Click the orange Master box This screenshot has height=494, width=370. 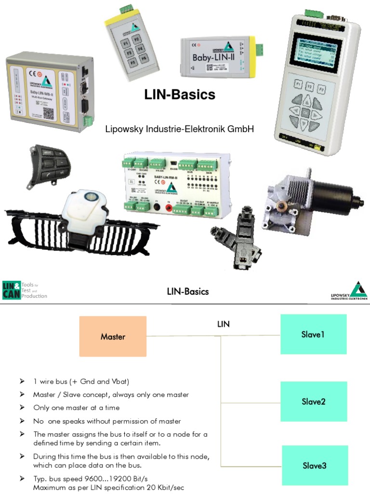113,336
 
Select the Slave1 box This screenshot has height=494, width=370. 313,334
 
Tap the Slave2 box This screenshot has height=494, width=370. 314,401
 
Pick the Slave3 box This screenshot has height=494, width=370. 314,465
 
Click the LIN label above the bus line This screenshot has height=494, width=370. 223,324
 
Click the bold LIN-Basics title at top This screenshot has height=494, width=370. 180,95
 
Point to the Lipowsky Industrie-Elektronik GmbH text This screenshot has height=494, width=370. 179,129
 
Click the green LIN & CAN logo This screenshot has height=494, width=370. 12,290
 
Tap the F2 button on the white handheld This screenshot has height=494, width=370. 310,87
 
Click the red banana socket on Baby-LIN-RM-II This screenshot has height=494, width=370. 169,206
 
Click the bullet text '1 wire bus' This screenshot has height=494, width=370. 81,382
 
